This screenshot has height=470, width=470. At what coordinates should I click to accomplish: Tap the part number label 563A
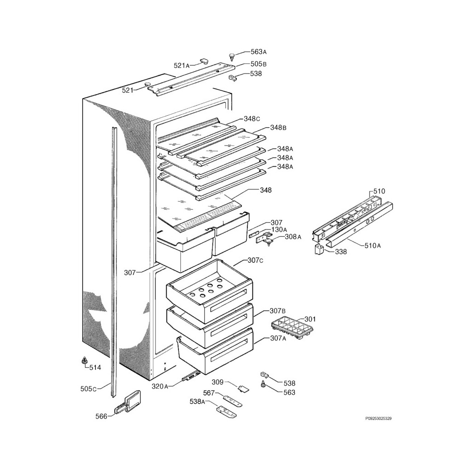[258, 52]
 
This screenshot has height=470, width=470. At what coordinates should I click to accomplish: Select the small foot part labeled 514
[84, 361]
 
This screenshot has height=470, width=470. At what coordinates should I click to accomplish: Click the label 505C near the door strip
[89, 389]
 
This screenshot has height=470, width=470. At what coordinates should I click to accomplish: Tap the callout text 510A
[373, 246]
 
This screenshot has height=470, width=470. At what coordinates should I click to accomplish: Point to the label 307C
[255, 260]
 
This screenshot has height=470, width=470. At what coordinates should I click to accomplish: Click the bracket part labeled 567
[233, 398]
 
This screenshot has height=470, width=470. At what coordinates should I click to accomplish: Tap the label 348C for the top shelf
[252, 118]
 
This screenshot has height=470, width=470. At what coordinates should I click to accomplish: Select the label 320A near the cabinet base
[160, 386]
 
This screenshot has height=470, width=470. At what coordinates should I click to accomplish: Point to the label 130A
[279, 229]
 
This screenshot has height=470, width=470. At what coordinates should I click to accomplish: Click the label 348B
[278, 127]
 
